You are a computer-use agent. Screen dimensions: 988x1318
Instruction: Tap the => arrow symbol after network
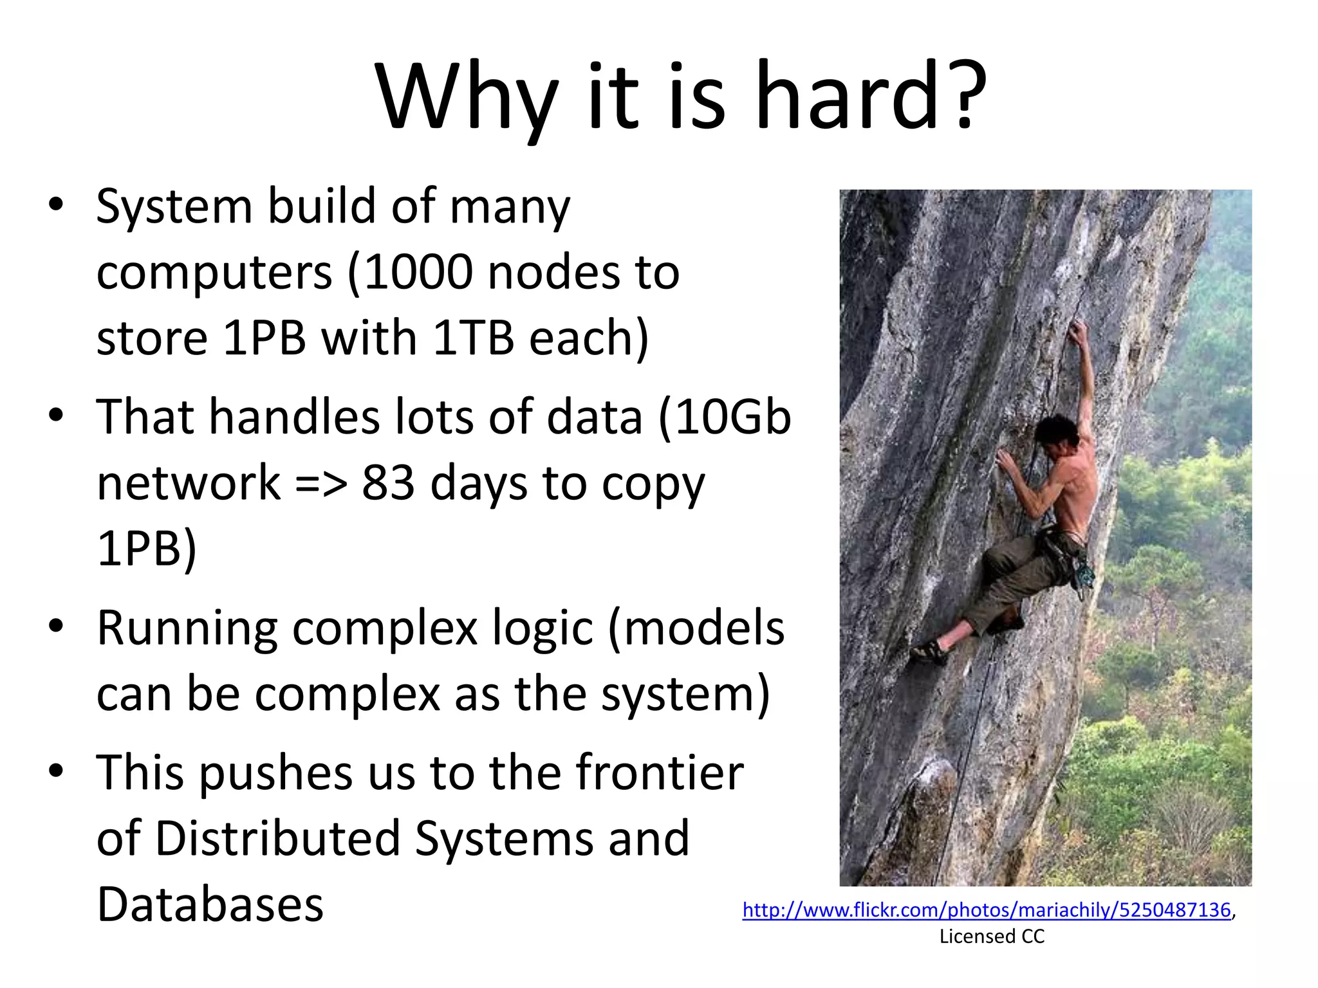[x=320, y=484]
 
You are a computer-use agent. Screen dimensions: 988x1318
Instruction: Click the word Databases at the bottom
[x=210, y=904]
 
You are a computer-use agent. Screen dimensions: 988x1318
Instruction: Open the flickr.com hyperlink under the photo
[x=986, y=910]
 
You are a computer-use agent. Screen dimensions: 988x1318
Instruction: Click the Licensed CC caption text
[x=992, y=937]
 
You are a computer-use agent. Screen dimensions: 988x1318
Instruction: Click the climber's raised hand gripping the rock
[x=1076, y=332]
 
